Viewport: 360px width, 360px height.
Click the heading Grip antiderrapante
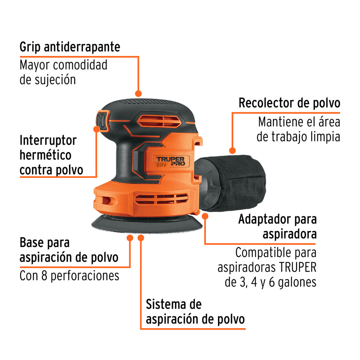pos(70,47)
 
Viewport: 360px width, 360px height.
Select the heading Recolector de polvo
pos(289,103)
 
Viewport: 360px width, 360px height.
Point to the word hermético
pos(46,155)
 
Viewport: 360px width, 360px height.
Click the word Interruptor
pos(48,141)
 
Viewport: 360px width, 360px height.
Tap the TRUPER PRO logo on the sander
pos(171,161)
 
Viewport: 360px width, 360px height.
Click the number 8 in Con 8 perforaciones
pos(46,276)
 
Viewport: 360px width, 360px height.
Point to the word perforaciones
pos(85,276)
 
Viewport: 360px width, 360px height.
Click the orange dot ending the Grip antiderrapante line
pos(139,94)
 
